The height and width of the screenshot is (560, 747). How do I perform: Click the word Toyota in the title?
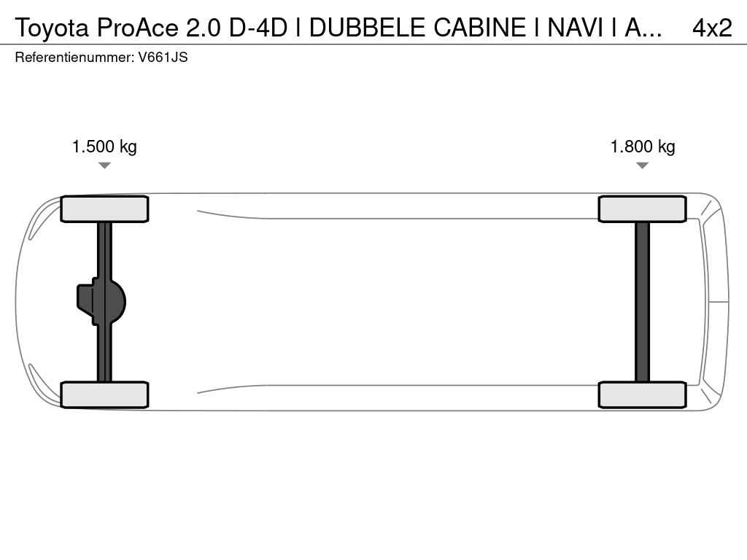tap(52, 28)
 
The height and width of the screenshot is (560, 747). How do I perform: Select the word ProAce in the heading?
tap(138, 28)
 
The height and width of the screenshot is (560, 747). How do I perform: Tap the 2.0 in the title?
tap(204, 28)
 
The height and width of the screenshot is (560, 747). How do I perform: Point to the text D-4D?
tap(258, 28)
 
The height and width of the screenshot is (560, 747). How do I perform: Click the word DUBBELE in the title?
tap(367, 28)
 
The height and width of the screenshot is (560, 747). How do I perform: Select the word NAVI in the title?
tap(576, 28)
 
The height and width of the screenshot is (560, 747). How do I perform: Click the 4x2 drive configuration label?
tap(712, 28)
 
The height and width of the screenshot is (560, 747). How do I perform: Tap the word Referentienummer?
tap(74, 57)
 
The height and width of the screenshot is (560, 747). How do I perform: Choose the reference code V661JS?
tap(163, 57)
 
